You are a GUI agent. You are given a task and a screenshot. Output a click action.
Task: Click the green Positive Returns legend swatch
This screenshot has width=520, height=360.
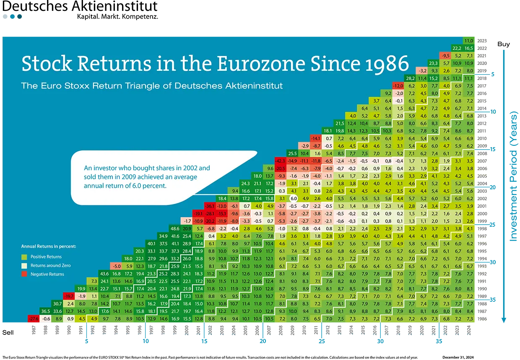point(24,256)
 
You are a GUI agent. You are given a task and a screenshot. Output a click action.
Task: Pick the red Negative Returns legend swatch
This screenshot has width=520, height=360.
point(24,274)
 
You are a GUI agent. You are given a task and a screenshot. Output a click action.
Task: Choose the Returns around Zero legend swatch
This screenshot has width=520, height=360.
point(24,265)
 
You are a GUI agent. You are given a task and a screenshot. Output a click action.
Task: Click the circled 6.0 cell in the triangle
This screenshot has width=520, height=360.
point(294,198)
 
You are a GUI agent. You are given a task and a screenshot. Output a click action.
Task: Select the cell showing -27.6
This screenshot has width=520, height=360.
point(34,319)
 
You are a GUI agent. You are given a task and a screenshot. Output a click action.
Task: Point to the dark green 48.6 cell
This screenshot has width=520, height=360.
point(175,228)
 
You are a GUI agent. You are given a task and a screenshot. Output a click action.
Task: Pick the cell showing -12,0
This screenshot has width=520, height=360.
point(399,85)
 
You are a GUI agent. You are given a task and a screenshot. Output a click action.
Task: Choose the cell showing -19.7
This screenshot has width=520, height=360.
point(70,296)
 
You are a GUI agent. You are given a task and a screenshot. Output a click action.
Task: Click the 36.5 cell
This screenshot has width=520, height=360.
point(46,311)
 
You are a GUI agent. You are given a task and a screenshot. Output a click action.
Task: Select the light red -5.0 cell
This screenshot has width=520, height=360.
point(117,266)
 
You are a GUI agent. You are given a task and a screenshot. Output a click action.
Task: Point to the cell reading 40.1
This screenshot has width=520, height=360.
point(152,243)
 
